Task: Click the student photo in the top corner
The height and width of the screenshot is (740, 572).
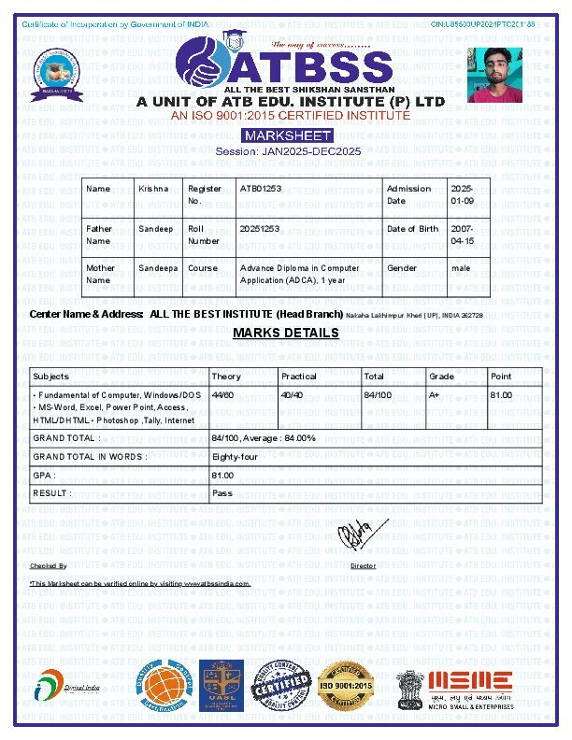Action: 501,74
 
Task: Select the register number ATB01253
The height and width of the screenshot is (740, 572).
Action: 261,189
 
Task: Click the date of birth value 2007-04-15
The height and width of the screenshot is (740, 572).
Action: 462,234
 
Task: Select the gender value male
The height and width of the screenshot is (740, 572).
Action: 460,268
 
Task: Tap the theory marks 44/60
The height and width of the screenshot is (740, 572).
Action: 222,395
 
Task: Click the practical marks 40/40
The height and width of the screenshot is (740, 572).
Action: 292,395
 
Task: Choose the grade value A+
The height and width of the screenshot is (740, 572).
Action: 435,395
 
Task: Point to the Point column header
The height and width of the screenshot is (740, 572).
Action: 501,377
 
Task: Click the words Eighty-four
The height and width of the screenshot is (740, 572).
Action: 235,457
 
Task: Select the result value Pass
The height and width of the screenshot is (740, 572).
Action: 222,492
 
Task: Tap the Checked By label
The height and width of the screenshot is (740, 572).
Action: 49,566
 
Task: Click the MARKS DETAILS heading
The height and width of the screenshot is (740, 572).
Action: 286,333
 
